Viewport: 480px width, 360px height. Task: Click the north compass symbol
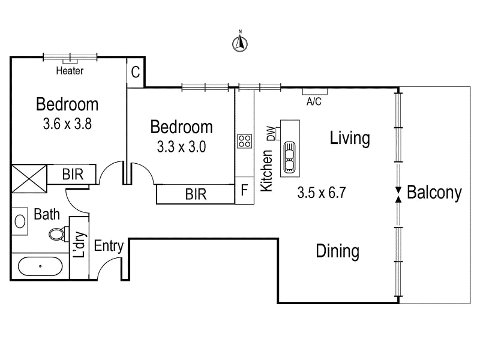coord(240,43)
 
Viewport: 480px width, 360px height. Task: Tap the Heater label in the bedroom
coord(70,71)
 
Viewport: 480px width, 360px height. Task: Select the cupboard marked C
coord(136,72)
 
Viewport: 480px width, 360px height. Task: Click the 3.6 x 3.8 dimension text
coord(67,124)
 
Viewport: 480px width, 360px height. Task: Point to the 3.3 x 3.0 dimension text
coord(182,146)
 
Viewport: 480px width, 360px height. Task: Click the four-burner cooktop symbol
coord(245,141)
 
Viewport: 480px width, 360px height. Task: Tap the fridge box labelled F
coord(244,190)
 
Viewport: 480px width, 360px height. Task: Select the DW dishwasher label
coord(271,133)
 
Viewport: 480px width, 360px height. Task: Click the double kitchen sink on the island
coord(290,157)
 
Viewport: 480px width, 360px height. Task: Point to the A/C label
coord(314,101)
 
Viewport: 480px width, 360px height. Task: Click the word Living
coord(350,139)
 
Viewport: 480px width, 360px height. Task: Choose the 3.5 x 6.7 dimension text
coord(322,193)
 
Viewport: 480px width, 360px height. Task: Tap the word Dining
coord(338,251)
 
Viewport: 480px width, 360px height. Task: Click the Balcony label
coord(434,193)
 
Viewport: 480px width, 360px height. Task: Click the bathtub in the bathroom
coord(40,266)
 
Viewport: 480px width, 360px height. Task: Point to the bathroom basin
coord(20,221)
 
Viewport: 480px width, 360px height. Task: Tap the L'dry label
coord(79,245)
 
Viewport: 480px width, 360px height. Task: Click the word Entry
coord(109,246)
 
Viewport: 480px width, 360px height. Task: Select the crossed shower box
coord(29,179)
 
